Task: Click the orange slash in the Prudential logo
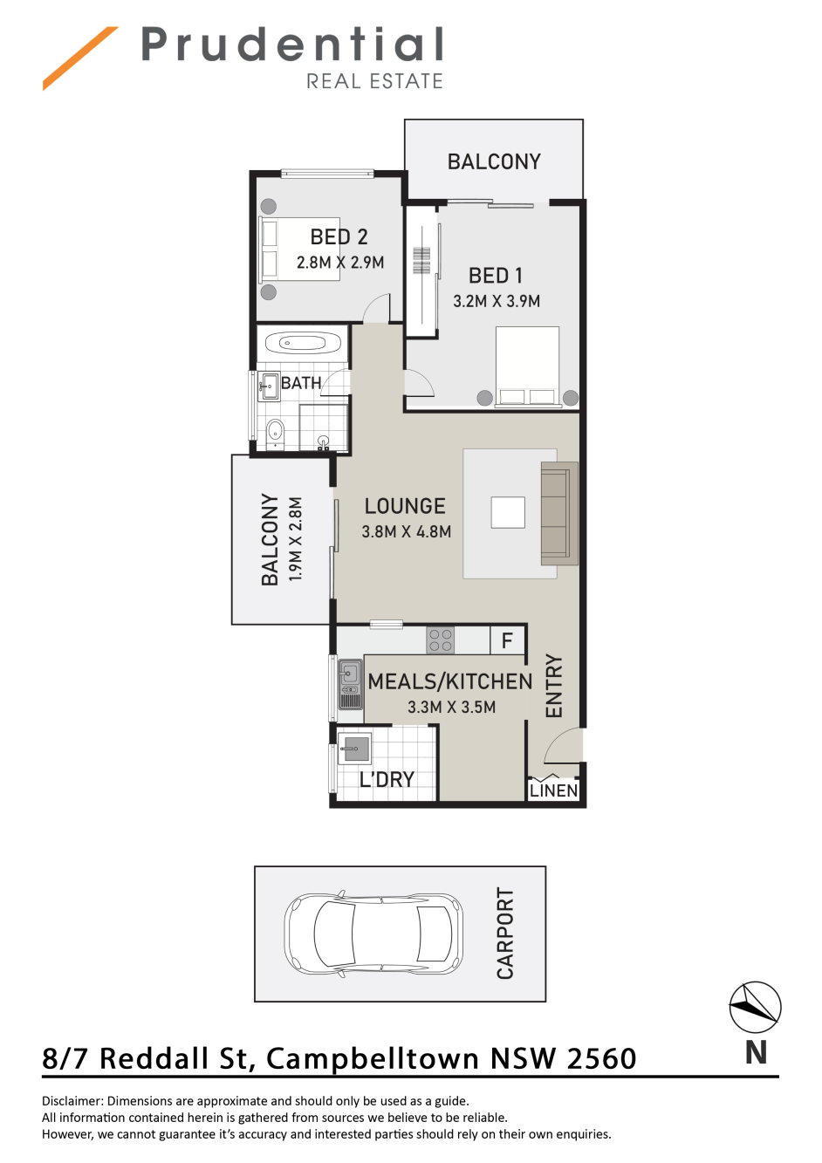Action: click(80, 58)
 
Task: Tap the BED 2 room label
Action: click(339, 236)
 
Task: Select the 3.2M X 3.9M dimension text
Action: click(497, 301)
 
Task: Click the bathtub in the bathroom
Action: click(303, 343)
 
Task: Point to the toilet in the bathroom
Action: click(275, 434)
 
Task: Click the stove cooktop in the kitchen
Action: click(441, 640)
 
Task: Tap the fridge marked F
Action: click(508, 640)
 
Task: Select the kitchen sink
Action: click(351, 684)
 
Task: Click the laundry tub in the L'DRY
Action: click(354, 749)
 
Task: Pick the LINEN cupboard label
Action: click(553, 790)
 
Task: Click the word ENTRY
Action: click(554, 686)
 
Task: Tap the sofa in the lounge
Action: click(559, 514)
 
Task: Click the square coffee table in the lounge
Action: click(508, 512)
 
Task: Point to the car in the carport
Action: click(373, 934)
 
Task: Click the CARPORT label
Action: click(505, 933)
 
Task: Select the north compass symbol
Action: click(755, 1007)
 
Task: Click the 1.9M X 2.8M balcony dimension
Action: click(295, 539)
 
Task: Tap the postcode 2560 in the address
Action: click(601, 1058)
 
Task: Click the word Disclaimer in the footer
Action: click(72, 1101)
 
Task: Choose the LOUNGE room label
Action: click(405, 506)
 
